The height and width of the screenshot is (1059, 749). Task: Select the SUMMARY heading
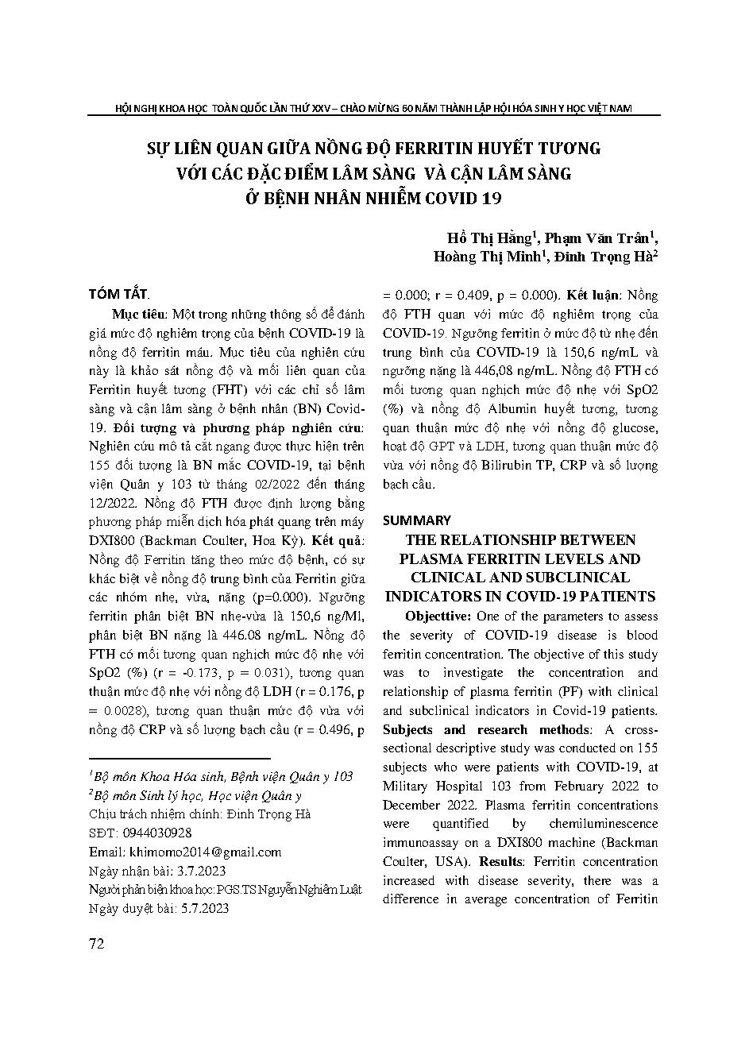(x=416, y=520)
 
